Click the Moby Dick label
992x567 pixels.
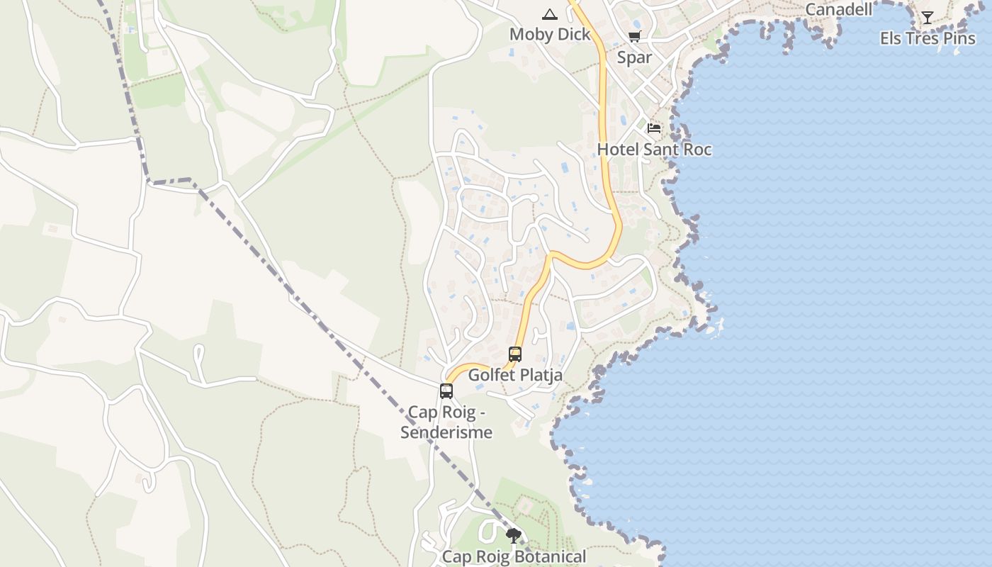coord(550,34)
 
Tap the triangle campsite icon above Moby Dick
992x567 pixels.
coord(549,14)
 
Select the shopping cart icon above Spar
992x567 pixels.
coord(634,37)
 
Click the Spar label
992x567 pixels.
coord(634,57)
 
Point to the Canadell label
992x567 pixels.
coord(840,9)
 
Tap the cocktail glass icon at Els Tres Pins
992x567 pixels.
coord(928,18)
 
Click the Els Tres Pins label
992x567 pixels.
coord(928,38)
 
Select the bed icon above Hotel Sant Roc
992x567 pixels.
coord(654,128)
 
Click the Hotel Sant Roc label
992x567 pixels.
coord(654,149)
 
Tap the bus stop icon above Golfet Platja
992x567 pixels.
coord(515,354)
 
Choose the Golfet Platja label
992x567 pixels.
coord(515,375)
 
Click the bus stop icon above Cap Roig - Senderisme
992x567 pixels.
coord(446,391)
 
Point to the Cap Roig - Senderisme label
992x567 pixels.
coord(446,422)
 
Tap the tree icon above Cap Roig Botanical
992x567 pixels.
coord(514,535)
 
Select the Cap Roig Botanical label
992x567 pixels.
coord(514,556)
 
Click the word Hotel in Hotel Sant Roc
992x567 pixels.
coord(618,149)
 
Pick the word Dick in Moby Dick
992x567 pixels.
coord(575,34)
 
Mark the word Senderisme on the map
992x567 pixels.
coord(446,432)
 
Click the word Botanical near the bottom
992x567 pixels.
coord(552,556)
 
